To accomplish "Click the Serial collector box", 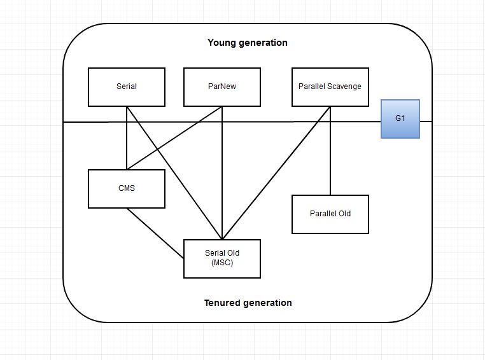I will [127, 87].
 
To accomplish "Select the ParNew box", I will [221, 87].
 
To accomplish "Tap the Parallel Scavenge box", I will [330, 87].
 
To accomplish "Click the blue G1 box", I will [400, 118].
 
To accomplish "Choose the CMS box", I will [127, 188].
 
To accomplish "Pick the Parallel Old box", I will [330, 214].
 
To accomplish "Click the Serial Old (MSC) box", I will [221, 258].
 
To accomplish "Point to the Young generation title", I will [248, 43].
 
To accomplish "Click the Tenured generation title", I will [248, 303].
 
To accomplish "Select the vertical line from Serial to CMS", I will [127, 146].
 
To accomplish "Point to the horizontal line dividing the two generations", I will [267, 121].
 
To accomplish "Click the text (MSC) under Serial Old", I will [222, 263].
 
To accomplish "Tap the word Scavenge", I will [344, 87].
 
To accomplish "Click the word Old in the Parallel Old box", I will [344, 214].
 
